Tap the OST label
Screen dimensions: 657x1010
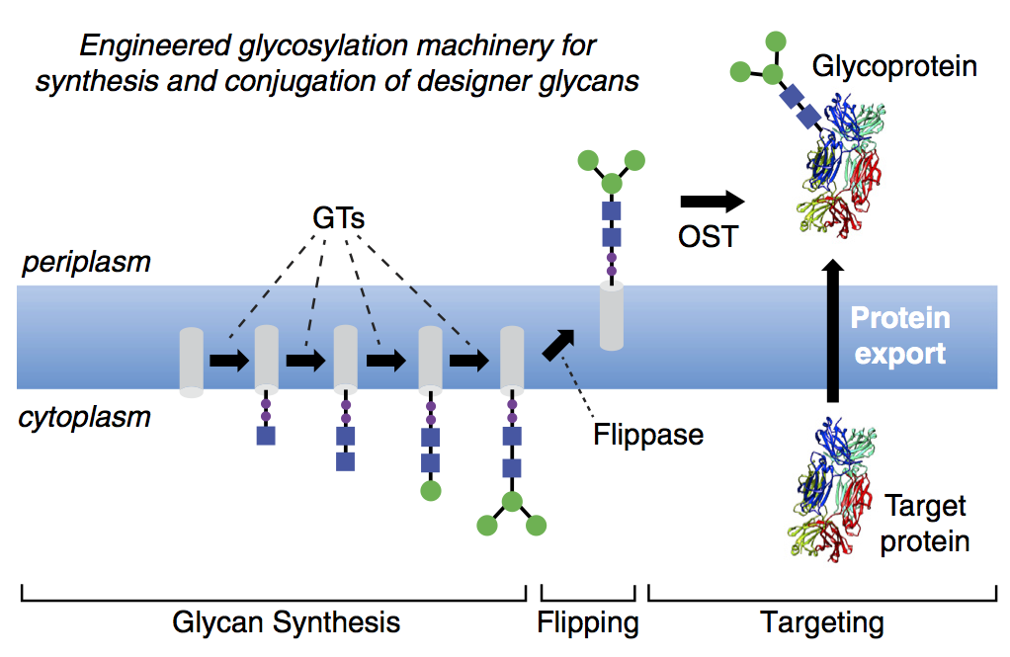[x=708, y=237]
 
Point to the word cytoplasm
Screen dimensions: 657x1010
[x=85, y=417]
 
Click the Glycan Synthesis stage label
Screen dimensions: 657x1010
[x=286, y=622]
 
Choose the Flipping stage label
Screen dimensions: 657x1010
[x=588, y=622]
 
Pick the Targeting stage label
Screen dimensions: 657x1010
[x=822, y=622]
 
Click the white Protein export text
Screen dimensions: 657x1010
[x=900, y=336]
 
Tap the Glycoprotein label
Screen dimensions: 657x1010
[x=894, y=67]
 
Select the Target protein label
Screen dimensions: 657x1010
[x=925, y=524]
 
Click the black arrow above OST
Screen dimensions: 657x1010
[x=713, y=202]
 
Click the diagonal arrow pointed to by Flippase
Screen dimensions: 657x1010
[x=558, y=345]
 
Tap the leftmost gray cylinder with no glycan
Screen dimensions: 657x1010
[x=192, y=363]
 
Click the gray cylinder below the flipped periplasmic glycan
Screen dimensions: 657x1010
[x=612, y=316]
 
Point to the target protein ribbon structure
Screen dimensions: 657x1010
[x=833, y=489]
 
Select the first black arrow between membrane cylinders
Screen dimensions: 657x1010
[x=229, y=361]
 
